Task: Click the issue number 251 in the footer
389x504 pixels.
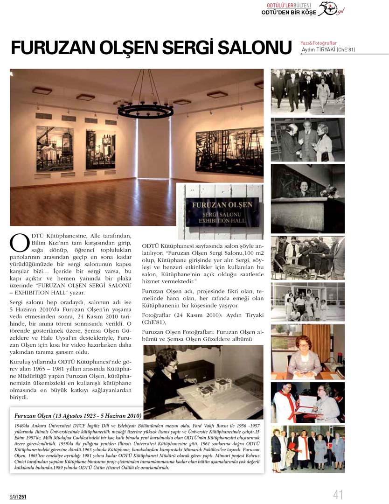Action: click(x=22, y=497)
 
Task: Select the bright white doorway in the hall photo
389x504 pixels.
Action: click(x=153, y=149)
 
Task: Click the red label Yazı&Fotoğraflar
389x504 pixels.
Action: click(x=319, y=43)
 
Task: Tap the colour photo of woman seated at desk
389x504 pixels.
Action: click(x=308, y=356)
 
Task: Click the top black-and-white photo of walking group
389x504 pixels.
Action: click(x=308, y=91)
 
